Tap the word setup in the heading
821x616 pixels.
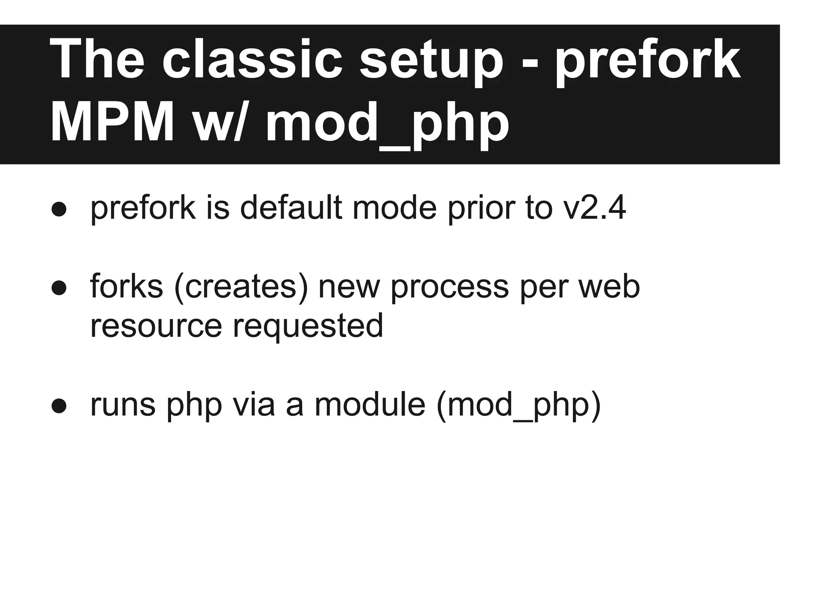(431, 62)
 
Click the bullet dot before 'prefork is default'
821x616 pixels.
(59, 209)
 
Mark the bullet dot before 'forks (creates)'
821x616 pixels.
(59, 288)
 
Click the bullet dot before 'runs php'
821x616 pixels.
(59, 405)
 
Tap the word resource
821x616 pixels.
(156, 326)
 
